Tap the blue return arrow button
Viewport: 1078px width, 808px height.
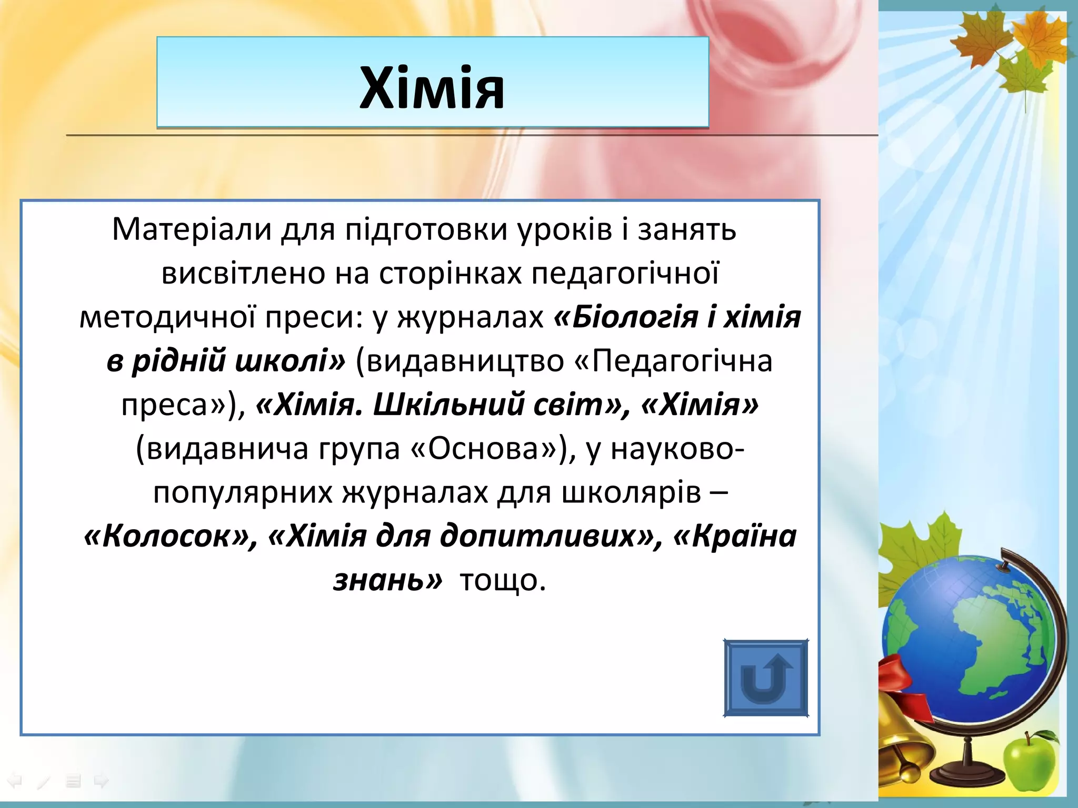tap(766, 678)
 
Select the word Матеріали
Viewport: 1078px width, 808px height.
tap(192, 230)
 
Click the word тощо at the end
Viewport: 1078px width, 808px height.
tap(503, 581)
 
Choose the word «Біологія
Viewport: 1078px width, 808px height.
tap(626, 318)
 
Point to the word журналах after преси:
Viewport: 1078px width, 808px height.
tap(471, 318)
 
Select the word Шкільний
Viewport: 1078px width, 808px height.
tap(447, 406)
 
